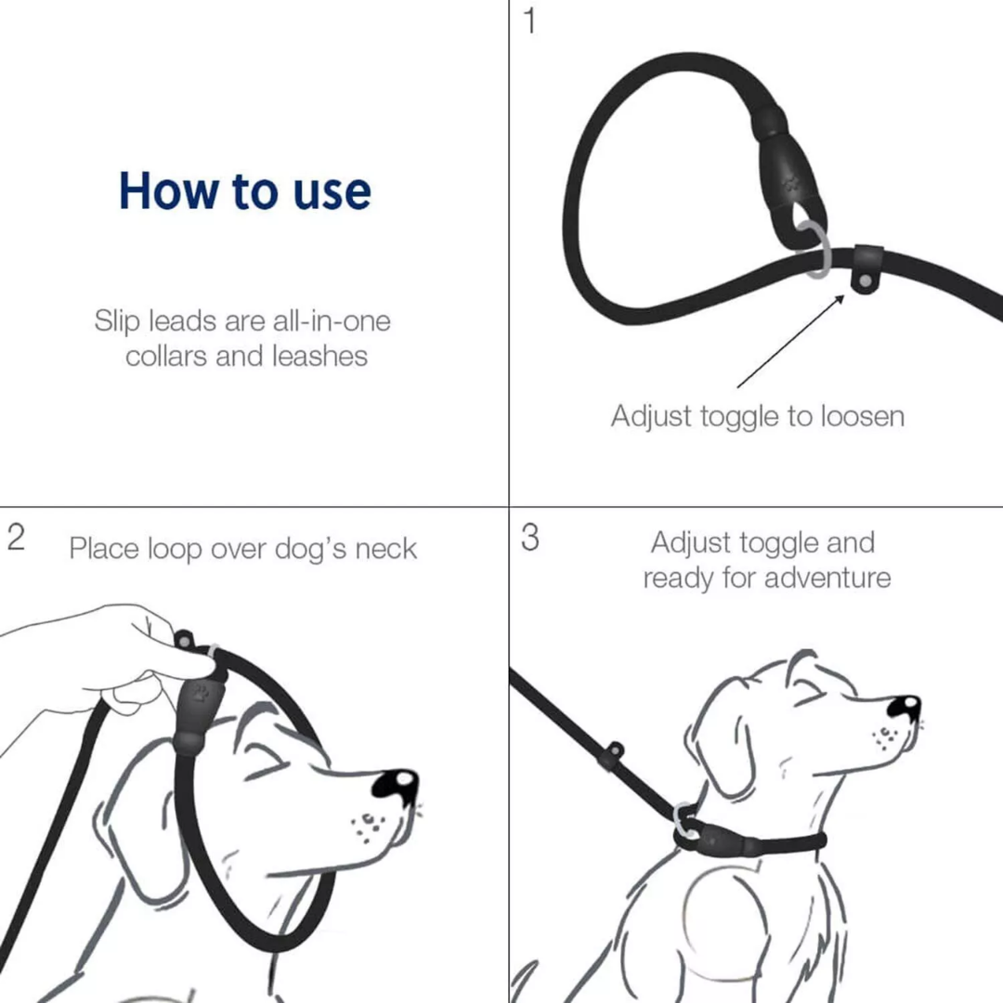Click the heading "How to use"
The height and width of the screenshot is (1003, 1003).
point(245,190)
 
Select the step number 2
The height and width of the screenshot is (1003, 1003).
point(16,538)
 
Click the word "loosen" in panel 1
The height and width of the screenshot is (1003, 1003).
point(863,416)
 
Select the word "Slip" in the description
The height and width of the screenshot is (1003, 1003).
point(118,321)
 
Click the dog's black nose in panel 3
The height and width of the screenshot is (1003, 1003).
point(904,710)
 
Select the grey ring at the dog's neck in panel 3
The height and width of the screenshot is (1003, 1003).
point(688,821)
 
